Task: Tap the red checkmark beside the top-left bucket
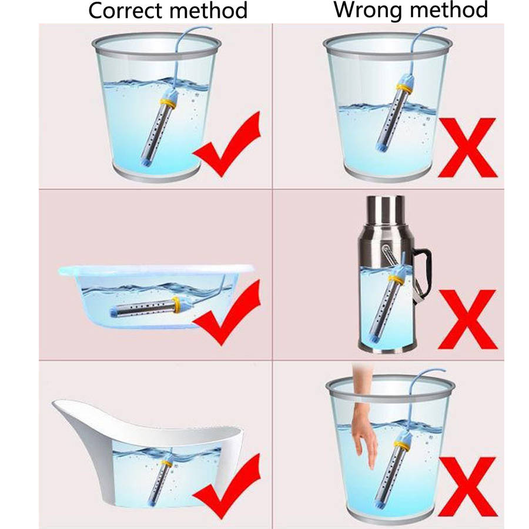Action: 227,145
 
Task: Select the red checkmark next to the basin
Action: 227,313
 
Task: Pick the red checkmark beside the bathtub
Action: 227,487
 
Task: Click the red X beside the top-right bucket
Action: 468,148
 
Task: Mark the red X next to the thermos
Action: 468,319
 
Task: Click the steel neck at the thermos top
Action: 386,209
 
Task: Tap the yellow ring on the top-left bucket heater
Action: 168,102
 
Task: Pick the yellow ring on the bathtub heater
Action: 167,463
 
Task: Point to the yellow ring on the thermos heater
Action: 397,280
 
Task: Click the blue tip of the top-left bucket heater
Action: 145,162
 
